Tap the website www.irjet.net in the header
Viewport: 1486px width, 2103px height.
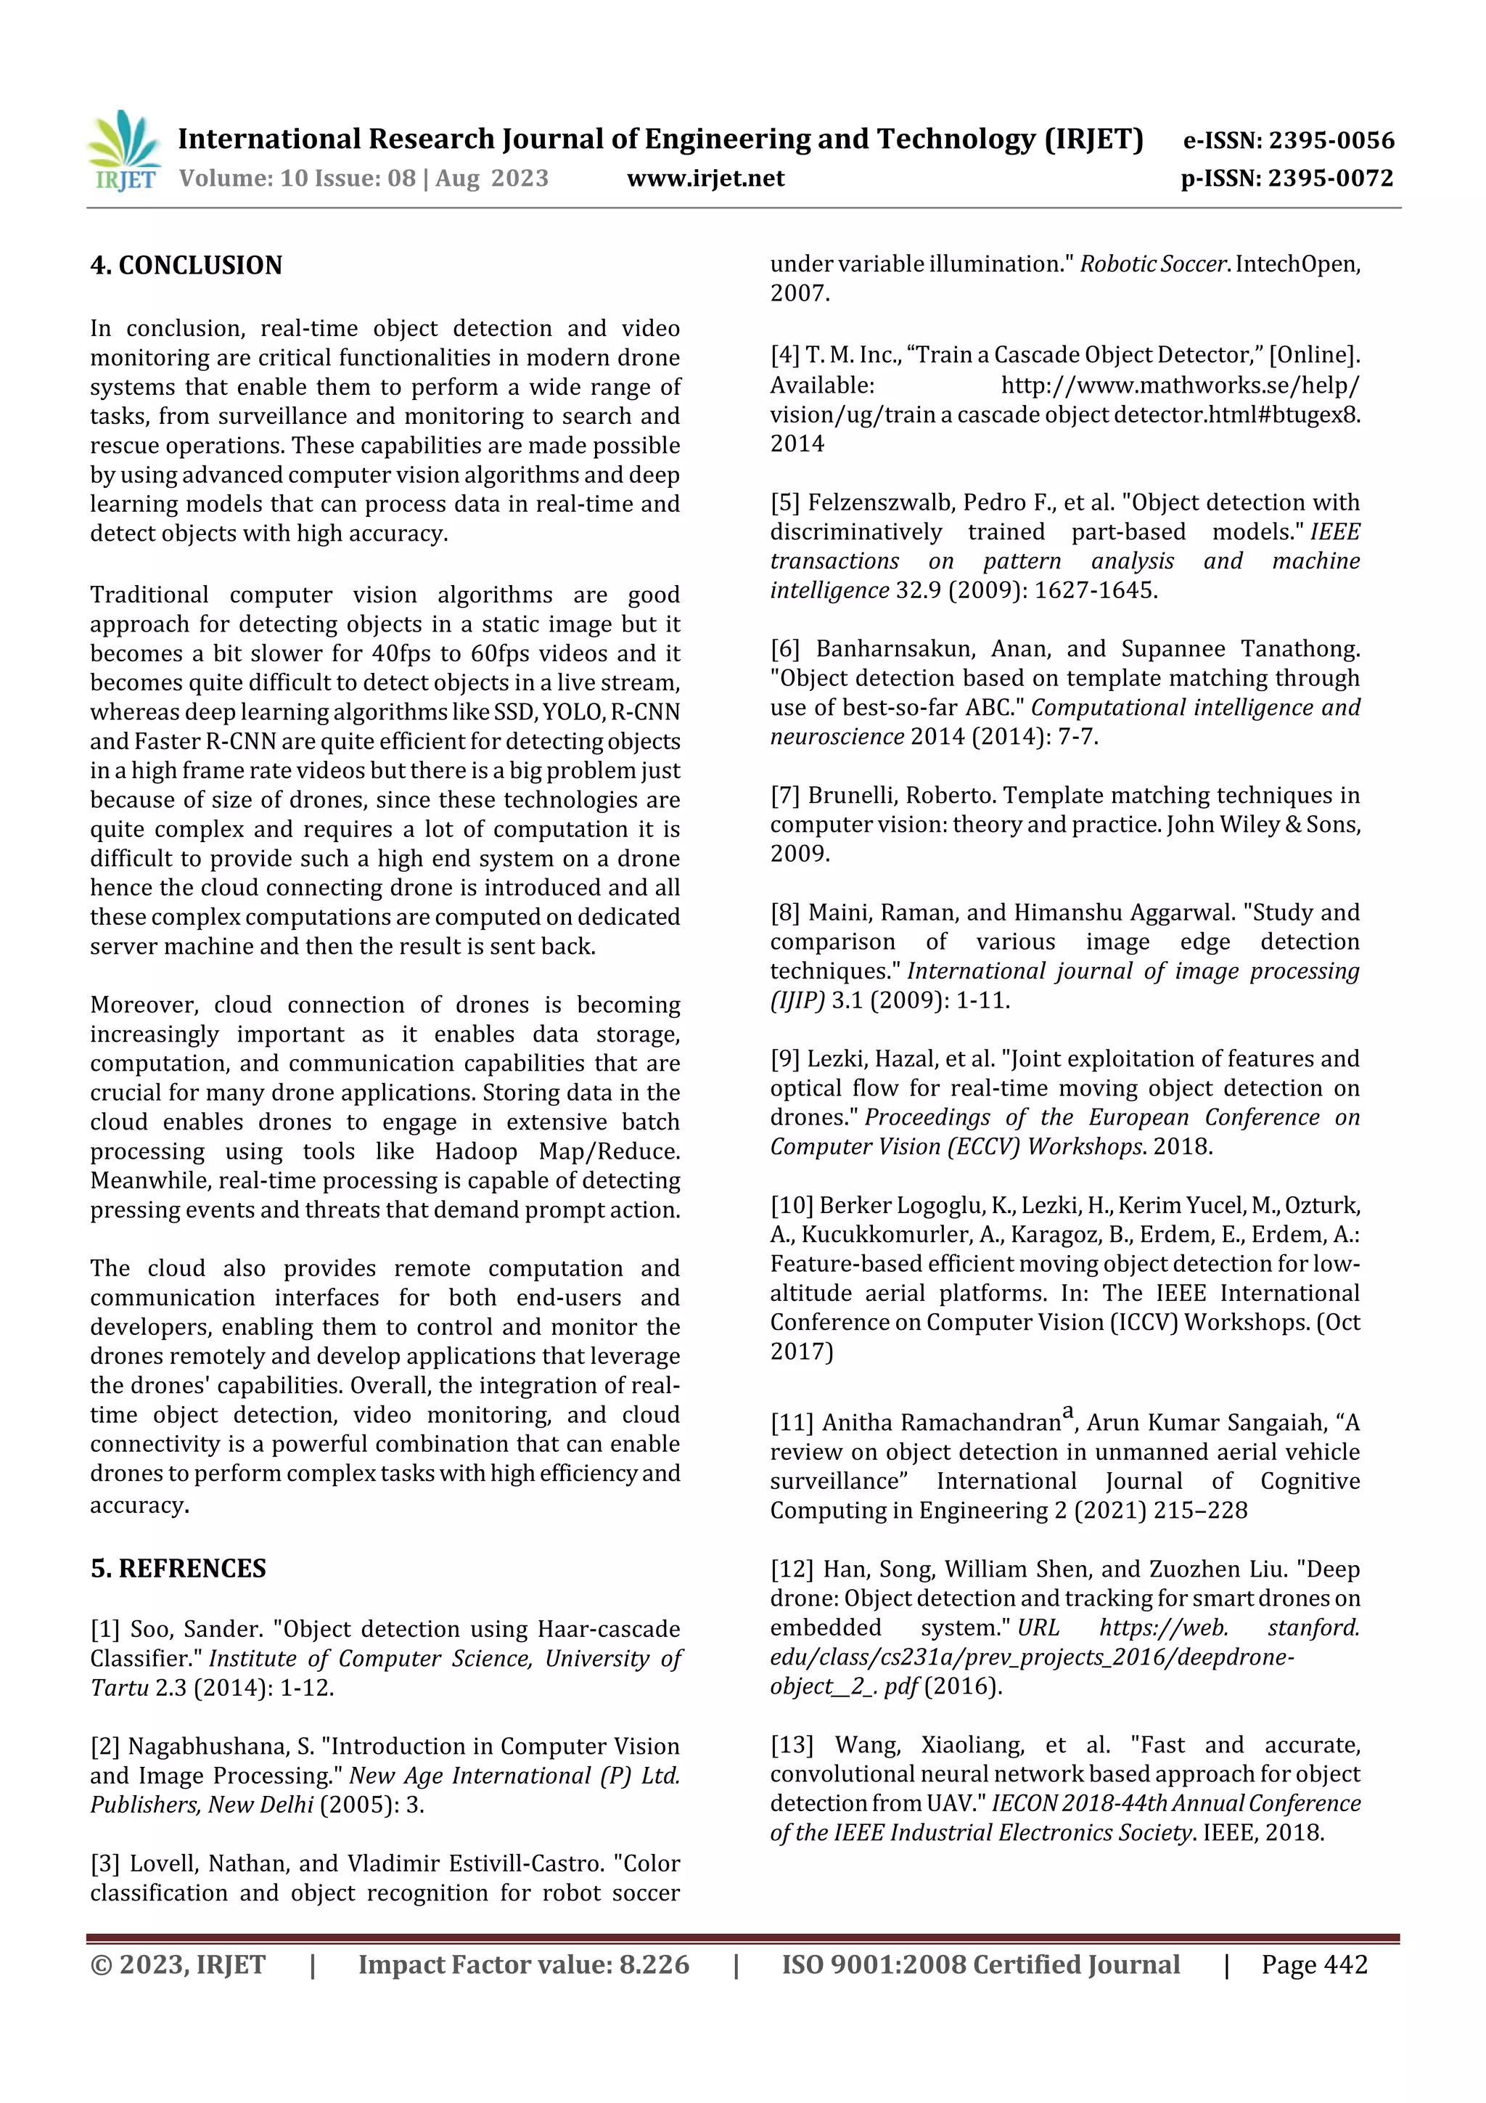(705, 178)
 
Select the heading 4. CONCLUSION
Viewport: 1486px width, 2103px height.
(186, 266)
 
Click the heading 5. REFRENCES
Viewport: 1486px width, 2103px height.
(178, 1568)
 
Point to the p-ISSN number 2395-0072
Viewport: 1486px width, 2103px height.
(1330, 178)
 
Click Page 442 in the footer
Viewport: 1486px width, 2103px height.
(1314, 1964)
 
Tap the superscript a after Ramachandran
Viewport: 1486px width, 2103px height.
(1067, 1414)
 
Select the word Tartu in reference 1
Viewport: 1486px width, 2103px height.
(119, 1687)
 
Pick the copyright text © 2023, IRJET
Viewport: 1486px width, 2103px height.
(178, 1964)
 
